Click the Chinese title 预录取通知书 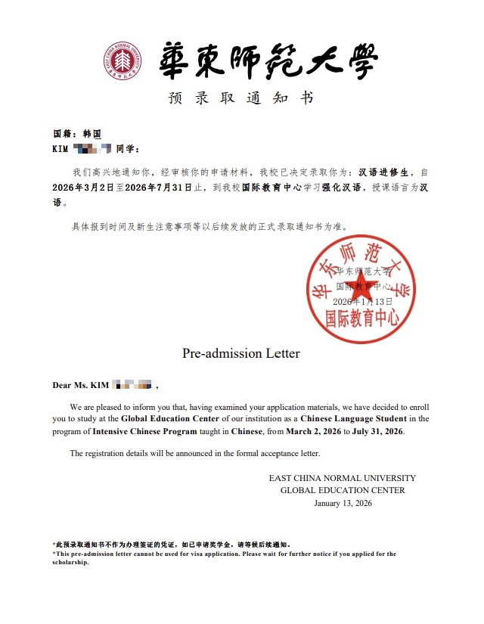click(x=240, y=98)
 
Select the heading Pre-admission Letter click(x=240, y=353)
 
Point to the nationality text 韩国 click(x=92, y=133)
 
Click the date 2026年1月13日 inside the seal click(x=362, y=301)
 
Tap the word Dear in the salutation click(x=61, y=386)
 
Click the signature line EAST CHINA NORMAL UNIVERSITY click(x=342, y=478)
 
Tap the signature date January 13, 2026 click(x=343, y=503)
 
